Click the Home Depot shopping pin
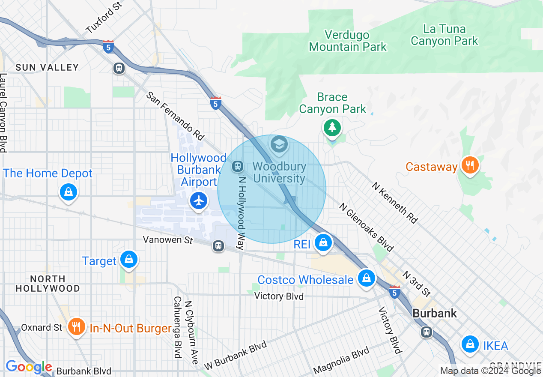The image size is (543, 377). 68,191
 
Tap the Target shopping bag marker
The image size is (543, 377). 128,259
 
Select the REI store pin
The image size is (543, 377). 324,242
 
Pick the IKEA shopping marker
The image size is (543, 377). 470,344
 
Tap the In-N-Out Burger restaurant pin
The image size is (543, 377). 77,327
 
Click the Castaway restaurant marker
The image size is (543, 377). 470,165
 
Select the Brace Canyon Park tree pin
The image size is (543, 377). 332,127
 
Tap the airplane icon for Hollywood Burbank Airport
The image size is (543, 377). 199,200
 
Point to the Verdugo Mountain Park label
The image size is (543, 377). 348,41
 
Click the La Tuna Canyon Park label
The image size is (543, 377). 444,35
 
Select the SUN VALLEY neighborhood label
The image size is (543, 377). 47,67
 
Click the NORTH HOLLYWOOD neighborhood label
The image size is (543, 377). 48,284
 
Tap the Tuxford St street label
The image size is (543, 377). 104,18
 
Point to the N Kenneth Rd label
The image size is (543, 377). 394,203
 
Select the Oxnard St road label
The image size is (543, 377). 42,328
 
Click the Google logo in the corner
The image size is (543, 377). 29,367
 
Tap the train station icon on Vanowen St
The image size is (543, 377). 218,245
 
